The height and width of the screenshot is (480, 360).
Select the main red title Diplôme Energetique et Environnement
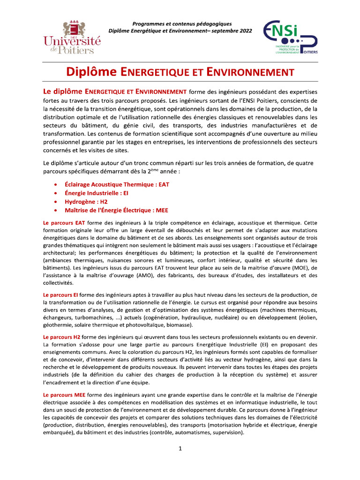180,72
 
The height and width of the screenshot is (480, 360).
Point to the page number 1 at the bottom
180,449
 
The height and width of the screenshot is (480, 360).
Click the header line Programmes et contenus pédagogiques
182,24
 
